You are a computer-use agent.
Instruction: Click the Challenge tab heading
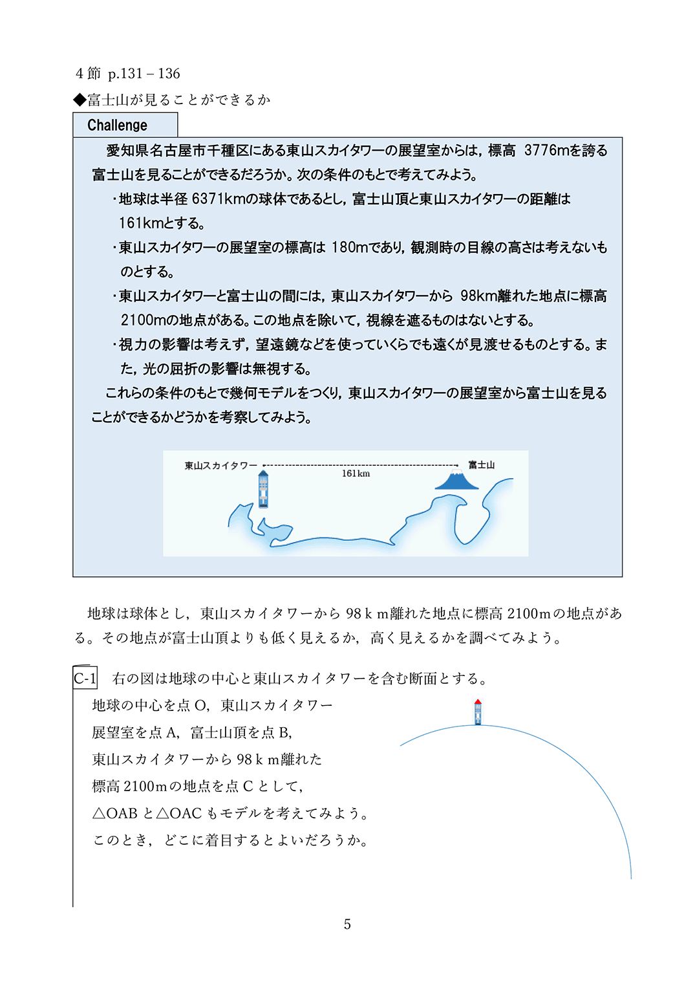pos(118,125)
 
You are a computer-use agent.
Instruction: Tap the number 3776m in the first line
pos(547,150)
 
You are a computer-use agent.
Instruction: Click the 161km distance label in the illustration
pos(356,474)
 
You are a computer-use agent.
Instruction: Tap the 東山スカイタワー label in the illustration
pos(220,465)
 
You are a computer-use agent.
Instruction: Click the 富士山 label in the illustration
pos(482,464)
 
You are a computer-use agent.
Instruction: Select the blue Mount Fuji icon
pos(457,481)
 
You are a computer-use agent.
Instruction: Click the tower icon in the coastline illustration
pos(263,489)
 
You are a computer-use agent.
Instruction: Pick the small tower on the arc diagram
pos(478,712)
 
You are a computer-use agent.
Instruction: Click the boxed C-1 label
pos(85,678)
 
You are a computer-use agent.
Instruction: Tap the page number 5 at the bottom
pos(347,924)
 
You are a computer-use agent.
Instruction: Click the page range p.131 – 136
pos(144,74)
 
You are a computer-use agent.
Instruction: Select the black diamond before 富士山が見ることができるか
pos(80,99)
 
